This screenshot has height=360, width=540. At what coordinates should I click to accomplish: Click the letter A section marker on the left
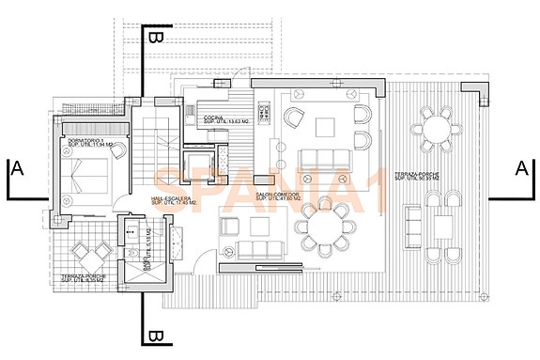[16, 169]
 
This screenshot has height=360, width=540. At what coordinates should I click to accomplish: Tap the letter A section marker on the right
[519, 168]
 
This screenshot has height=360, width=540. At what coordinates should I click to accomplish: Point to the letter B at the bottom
[156, 337]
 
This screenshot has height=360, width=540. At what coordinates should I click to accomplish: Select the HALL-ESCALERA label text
[171, 201]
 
